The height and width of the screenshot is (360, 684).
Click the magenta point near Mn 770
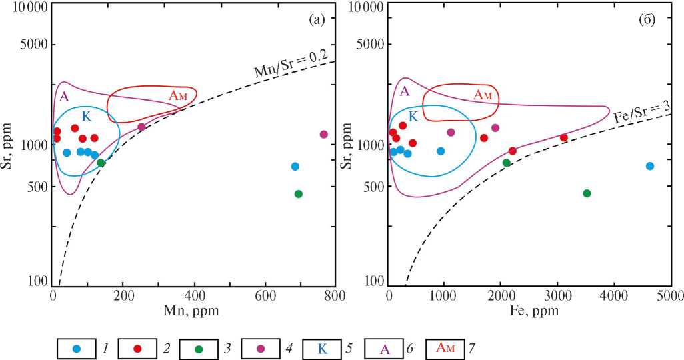tap(324, 134)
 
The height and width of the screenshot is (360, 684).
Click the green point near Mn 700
tap(299, 194)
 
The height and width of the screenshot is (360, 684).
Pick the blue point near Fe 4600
tap(650, 166)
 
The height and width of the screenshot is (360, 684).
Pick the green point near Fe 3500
tap(587, 193)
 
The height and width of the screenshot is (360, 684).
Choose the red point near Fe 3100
tap(564, 137)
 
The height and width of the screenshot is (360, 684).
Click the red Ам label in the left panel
tap(177, 95)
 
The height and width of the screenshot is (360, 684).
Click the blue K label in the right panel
tap(413, 117)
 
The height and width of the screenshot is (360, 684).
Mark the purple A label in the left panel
tap(64, 96)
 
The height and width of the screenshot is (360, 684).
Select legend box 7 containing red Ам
tap(444, 348)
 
